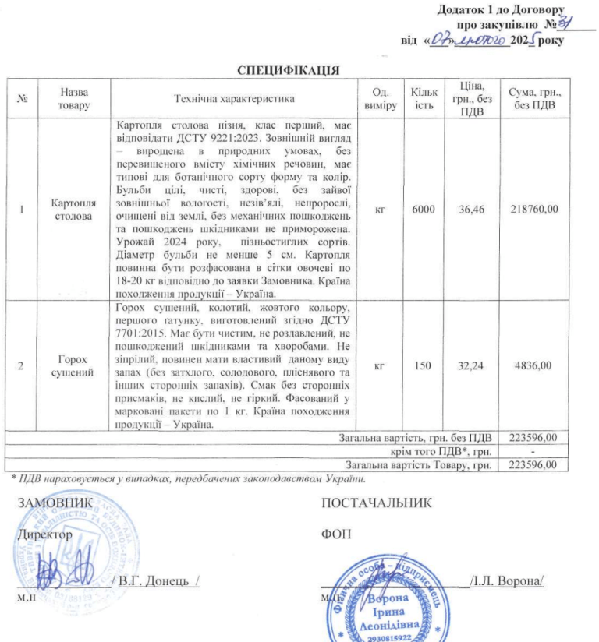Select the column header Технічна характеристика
(233, 99)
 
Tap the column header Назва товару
(72, 99)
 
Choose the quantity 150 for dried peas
(424, 365)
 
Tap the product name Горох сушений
(72, 365)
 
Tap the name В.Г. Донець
(157, 581)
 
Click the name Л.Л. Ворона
(506, 581)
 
